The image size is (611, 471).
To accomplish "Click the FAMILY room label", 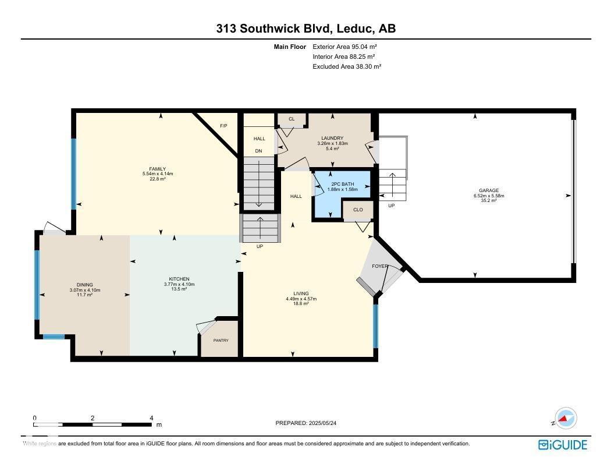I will coord(158,169).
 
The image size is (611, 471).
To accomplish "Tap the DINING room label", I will coord(85,285).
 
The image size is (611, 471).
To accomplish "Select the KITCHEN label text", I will coord(179,279).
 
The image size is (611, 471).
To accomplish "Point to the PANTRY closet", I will coord(221,341).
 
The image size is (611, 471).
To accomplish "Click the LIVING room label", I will coord(301,294).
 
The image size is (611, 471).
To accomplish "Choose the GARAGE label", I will coord(489,191).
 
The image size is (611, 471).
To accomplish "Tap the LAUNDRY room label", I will coord(332,139).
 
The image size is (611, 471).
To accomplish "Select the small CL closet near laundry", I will coord(292,119).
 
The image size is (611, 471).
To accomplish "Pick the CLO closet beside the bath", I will coord(358,210).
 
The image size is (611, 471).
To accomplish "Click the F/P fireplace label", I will coord(223,126).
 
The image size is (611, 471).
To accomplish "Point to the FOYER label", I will coord(380,266).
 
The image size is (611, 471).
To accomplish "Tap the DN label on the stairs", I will coord(259,151).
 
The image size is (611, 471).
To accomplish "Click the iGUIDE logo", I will coord(563,445).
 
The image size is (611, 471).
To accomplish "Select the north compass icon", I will coord(564,418).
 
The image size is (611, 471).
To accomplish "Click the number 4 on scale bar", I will coord(151,418).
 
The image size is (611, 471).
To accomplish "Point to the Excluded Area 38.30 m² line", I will coord(347,67).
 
